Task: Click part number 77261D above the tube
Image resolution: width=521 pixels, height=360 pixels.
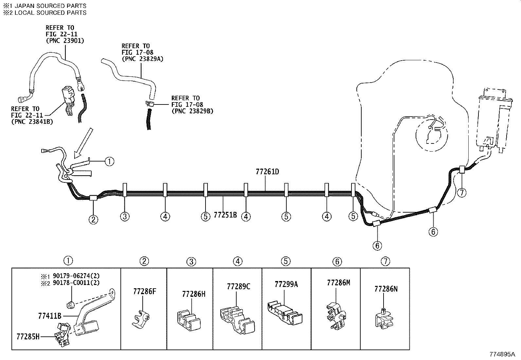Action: (x=267, y=172)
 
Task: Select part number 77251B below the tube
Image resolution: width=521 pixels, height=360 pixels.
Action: (x=225, y=215)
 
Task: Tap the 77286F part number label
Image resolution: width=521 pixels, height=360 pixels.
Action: (x=144, y=291)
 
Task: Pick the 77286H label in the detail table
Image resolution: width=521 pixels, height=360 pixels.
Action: (x=194, y=294)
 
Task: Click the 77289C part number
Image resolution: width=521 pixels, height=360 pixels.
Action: (x=239, y=287)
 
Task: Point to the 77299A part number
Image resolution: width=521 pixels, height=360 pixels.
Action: (x=286, y=284)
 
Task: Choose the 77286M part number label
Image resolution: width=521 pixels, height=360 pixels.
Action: (x=338, y=282)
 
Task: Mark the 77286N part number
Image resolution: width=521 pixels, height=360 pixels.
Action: (x=386, y=289)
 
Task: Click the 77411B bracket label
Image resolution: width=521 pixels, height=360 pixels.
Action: (x=50, y=316)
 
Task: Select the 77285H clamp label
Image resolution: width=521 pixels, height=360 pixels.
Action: (x=28, y=336)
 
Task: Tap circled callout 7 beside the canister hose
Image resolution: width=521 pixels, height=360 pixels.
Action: (x=461, y=193)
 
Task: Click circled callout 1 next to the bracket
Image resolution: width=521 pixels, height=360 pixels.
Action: (x=109, y=161)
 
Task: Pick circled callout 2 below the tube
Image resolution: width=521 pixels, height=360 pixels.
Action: (x=93, y=219)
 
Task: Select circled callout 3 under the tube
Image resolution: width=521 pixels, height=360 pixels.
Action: (x=125, y=216)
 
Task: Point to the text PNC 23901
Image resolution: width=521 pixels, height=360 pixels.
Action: (x=65, y=41)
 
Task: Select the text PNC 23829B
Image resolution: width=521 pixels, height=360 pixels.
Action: (x=192, y=111)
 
